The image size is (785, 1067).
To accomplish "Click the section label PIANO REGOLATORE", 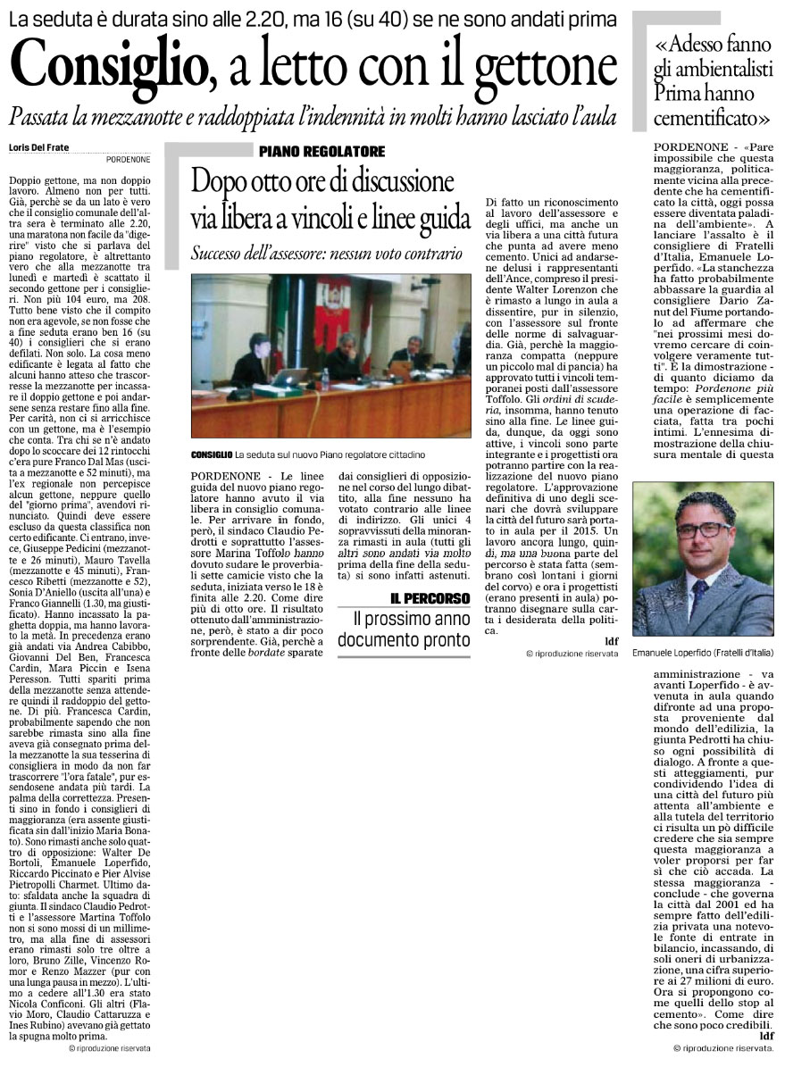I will pos(322,151).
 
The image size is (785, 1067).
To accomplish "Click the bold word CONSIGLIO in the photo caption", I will pos(212,456).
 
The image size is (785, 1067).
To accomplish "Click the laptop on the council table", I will pos(290,377).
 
